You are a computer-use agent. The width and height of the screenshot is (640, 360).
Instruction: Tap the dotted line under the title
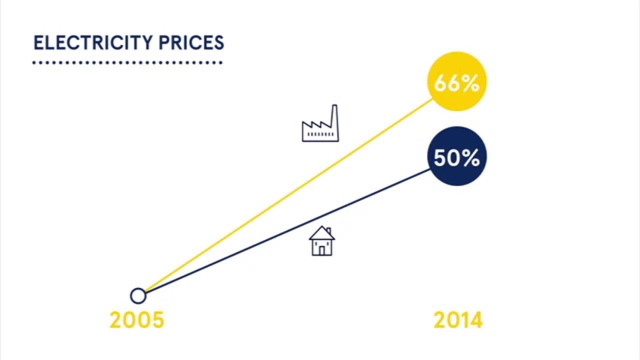click(127, 63)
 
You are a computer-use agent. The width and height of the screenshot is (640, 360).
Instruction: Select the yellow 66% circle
click(456, 82)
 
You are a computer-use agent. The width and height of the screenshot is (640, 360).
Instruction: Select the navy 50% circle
click(456, 157)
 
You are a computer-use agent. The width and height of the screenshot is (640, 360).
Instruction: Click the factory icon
click(320, 125)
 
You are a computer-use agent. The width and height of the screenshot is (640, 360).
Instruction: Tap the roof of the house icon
click(321, 232)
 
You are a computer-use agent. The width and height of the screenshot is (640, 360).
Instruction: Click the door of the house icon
click(322, 248)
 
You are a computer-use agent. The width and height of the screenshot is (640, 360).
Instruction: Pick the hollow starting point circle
click(138, 295)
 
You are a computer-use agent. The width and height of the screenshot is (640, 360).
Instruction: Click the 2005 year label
click(136, 320)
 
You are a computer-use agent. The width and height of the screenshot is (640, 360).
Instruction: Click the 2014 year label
click(458, 320)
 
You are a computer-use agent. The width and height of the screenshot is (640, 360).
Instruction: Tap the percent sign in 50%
click(470, 158)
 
